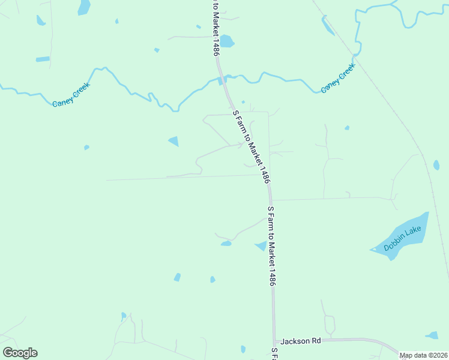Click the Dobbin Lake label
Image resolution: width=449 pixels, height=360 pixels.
[403, 238]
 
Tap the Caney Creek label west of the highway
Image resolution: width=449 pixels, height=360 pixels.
[71, 94]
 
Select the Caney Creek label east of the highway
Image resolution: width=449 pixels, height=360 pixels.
[338, 78]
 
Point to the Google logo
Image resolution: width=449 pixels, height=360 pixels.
[20, 353]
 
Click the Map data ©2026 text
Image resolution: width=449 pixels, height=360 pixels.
[423, 355]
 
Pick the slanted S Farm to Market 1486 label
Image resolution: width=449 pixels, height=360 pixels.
[252, 146]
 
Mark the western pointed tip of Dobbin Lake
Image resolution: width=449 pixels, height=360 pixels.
[371, 250]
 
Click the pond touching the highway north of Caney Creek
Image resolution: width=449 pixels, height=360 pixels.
[226, 41]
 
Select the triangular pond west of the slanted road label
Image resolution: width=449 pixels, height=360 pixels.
[174, 142]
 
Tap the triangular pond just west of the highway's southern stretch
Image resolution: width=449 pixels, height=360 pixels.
[261, 245]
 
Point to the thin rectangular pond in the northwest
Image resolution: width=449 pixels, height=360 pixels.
[43, 59]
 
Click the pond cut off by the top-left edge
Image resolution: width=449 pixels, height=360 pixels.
[83, 7]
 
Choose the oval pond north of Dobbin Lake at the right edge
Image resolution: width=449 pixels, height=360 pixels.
[436, 165]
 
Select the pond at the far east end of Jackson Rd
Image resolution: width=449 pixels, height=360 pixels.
[432, 335]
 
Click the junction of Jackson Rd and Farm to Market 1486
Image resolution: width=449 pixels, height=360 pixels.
[275, 340]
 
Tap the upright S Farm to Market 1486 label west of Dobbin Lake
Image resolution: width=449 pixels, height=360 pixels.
[271, 245]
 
